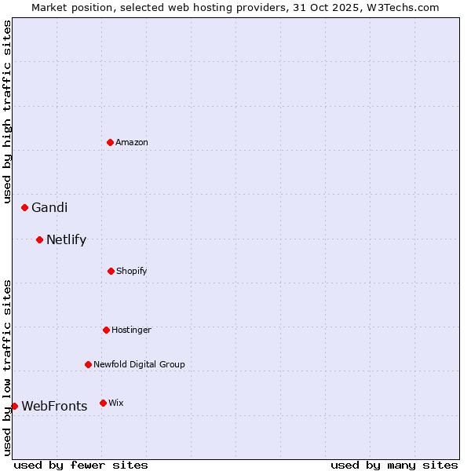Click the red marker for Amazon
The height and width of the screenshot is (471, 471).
pos(110,142)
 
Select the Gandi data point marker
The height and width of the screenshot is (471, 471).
pos(24,207)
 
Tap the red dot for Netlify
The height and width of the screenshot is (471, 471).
pos(39,239)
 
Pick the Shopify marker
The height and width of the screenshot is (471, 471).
pos(111,271)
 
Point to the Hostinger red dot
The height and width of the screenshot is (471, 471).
pos(106,330)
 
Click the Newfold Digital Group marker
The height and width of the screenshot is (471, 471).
pos(88,364)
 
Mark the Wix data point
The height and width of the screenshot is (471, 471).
pos(103,403)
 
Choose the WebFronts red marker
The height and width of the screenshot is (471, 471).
pos(14,406)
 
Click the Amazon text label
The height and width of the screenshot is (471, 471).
pos(132,142)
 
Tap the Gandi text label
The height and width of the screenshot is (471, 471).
pos(49,207)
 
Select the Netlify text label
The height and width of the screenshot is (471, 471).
pos(66,240)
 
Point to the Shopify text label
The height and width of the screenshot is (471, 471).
pos(132,271)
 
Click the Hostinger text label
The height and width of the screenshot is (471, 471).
pos(131,330)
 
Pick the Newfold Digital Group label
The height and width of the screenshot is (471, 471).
pos(139,364)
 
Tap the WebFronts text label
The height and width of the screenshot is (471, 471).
pos(54,407)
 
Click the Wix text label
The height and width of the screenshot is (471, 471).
pos(116,403)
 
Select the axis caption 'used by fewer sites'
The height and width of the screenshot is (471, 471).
pos(81,465)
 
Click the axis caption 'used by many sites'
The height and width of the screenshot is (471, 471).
pos(394,465)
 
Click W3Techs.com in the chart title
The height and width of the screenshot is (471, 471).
pos(404,7)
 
